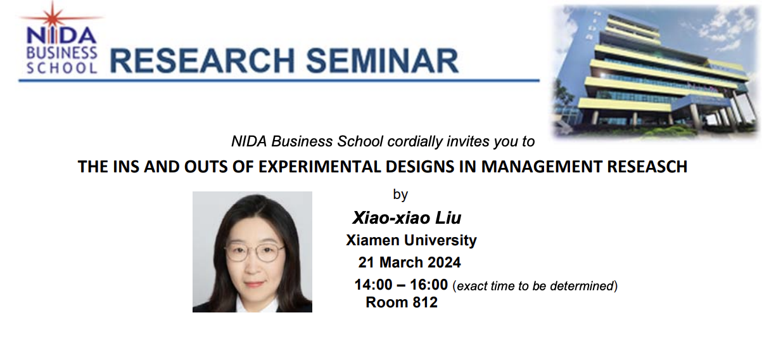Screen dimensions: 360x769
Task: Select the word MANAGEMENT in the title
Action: [538, 167]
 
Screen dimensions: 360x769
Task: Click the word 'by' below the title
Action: [400, 195]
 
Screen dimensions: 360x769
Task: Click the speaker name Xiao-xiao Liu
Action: [407, 219]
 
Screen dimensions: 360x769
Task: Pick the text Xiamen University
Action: [411, 241]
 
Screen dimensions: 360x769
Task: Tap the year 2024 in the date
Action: [444, 262]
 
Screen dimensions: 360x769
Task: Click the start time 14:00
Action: [373, 285]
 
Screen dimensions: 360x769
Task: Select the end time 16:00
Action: [429, 285]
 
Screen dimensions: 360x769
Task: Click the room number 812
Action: [424, 302]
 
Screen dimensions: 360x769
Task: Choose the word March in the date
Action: [402, 262]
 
